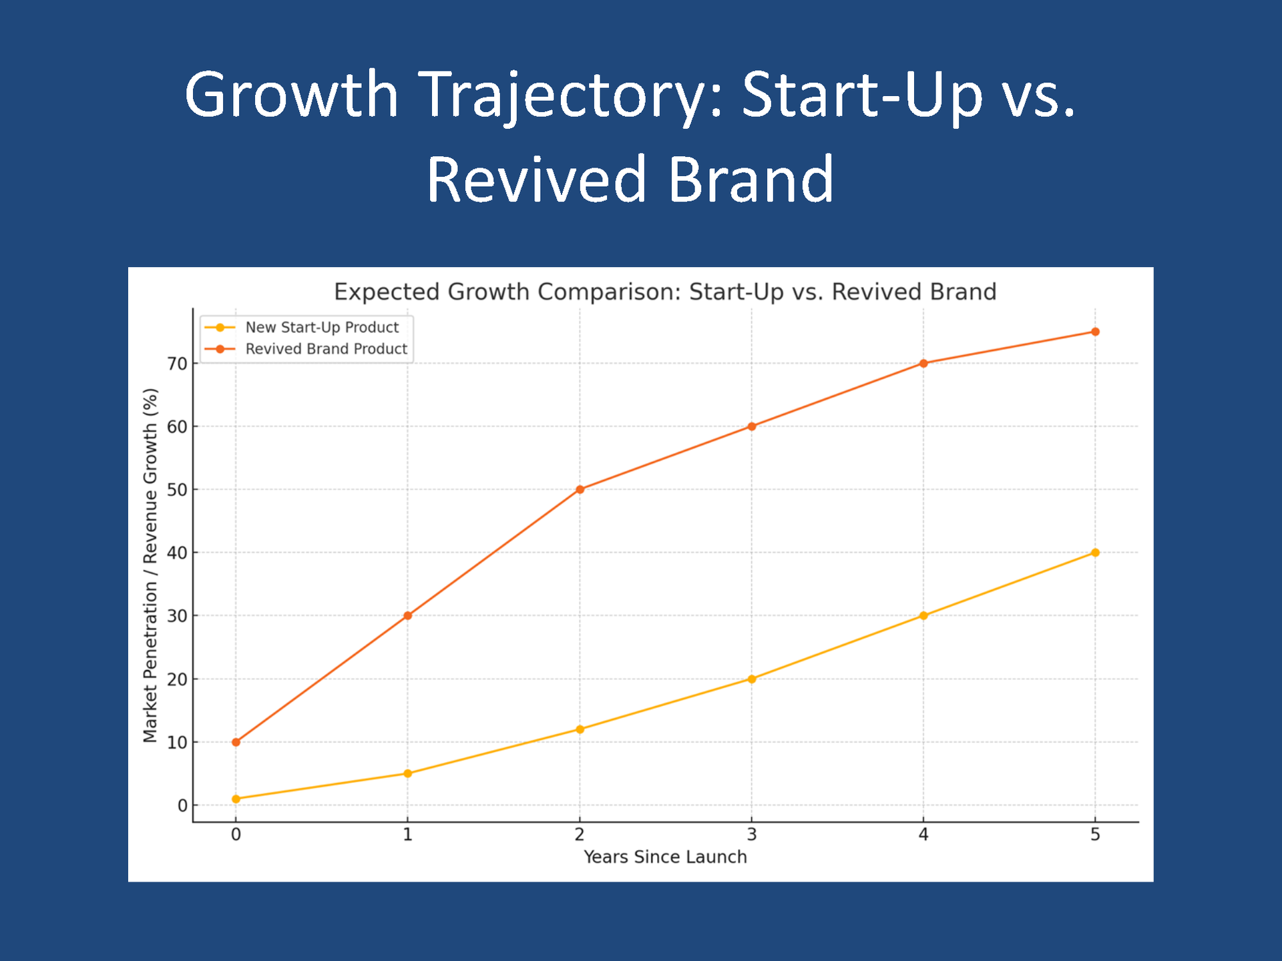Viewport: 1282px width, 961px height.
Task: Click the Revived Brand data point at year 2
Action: [x=580, y=489]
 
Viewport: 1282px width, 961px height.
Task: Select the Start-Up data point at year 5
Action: [x=1095, y=553]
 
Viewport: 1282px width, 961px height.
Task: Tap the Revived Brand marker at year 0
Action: [x=236, y=742]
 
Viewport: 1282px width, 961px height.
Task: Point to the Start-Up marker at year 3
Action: [x=752, y=679]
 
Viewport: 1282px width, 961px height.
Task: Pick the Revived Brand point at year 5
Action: [x=1095, y=332]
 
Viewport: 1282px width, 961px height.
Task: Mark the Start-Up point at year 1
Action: [x=408, y=773]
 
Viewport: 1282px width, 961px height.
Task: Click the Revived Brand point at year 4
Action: [x=923, y=363]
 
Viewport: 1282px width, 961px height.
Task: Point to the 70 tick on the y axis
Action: [x=177, y=364]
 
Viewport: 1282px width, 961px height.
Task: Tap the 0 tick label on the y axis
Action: [x=182, y=806]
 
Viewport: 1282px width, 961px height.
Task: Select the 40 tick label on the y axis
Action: [x=177, y=553]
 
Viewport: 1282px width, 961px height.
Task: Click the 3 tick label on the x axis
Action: [x=752, y=834]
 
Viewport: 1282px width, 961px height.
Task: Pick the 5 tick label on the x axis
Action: [x=1095, y=834]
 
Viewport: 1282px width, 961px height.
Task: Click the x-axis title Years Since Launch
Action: [x=665, y=857]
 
